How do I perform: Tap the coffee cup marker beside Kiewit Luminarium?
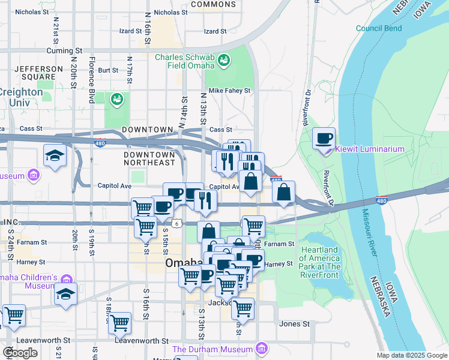(324, 139)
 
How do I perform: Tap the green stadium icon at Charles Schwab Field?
(224, 60)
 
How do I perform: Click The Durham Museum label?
(212, 349)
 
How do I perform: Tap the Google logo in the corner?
(20, 353)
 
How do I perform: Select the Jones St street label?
(294, 324)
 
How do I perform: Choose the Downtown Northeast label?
(149, 158)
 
